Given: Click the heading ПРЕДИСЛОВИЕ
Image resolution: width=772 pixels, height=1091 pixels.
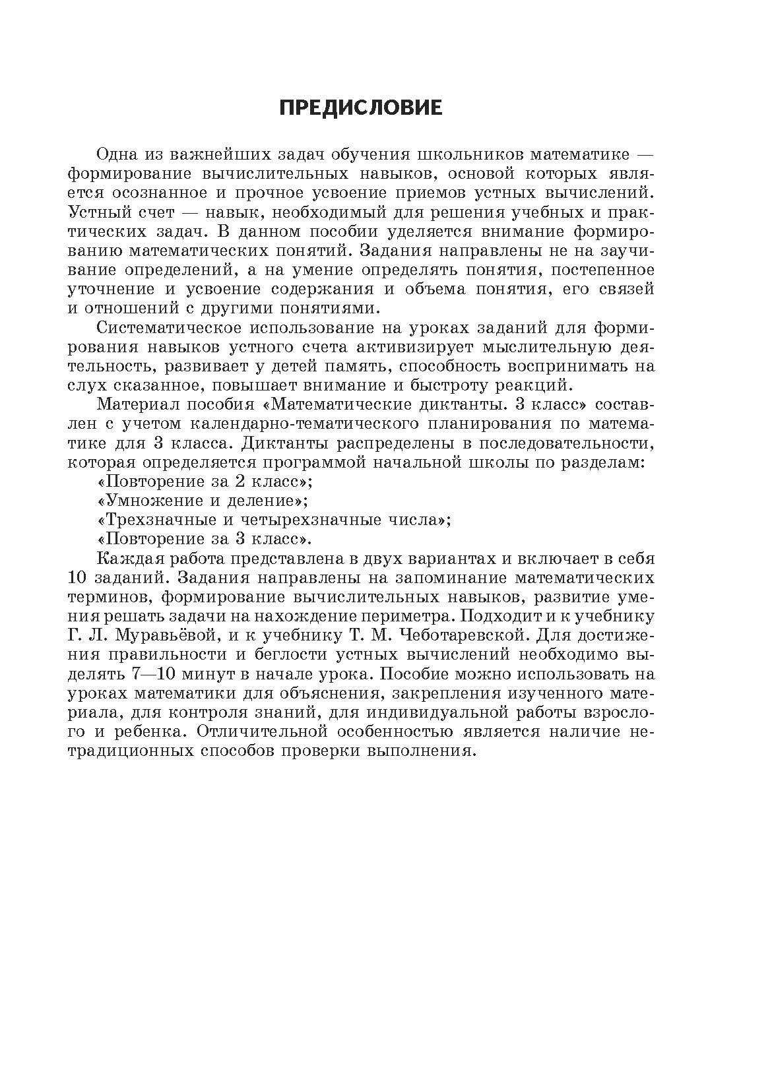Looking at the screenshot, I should point(360,108).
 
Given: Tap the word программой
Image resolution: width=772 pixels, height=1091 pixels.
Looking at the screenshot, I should point(309,462).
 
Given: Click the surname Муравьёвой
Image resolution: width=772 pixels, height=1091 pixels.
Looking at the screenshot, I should point(168,636).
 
